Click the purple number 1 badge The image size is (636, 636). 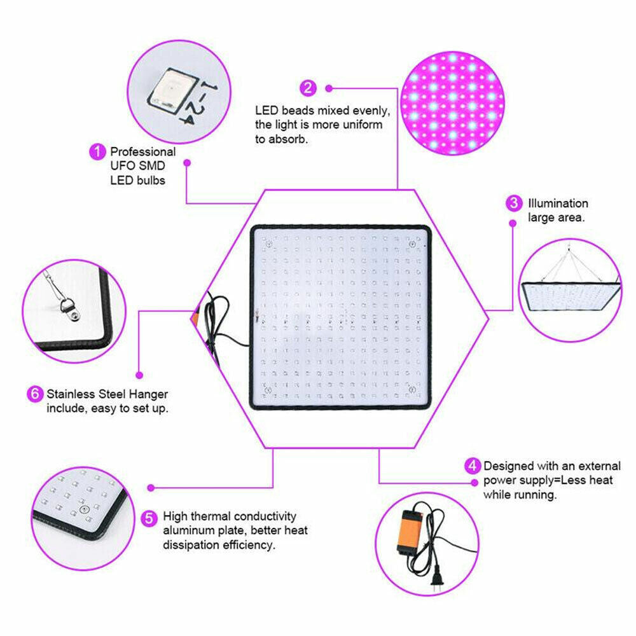click(97, 152)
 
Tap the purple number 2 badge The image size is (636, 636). click(308, 87)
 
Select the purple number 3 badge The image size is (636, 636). click(513, 204)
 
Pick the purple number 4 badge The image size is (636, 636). click(472, 466)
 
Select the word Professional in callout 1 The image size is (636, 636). click(143, 152)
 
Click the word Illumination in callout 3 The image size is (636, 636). click(558, 204)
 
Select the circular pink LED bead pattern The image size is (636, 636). click(454, 102)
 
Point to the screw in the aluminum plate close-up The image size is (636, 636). click(82, 509)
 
